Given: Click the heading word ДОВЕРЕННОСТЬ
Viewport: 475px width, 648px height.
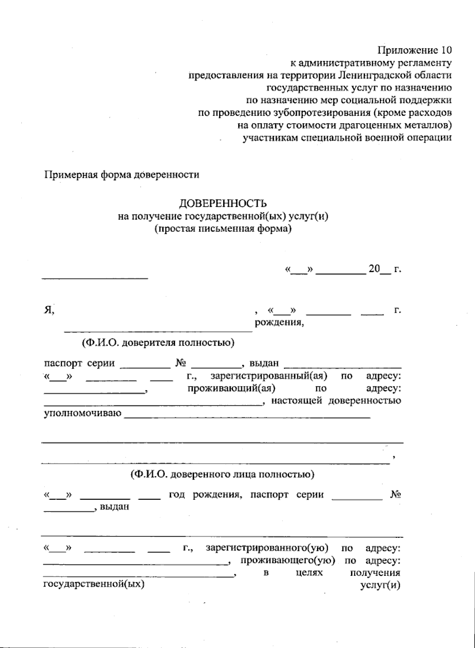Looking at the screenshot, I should [223, 204].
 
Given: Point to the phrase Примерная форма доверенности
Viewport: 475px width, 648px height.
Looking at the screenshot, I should [122, 175].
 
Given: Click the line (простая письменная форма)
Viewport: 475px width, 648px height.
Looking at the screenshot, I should [223, 229].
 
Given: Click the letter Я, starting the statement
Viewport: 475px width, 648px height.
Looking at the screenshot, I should [48, 311].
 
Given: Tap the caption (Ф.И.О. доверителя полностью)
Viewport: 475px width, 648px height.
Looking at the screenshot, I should [158, 343].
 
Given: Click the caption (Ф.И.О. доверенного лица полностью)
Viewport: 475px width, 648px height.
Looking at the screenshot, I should [223, 474].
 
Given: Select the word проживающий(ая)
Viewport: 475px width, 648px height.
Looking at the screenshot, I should [232, 388].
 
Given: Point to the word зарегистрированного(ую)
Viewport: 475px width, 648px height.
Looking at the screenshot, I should [267, 549].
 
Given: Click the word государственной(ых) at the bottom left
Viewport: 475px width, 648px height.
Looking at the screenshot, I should [93, 584].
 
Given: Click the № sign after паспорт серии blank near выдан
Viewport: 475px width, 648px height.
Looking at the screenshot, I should [181, 363].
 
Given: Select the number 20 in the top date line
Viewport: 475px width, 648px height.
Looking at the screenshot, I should [374, 269].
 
